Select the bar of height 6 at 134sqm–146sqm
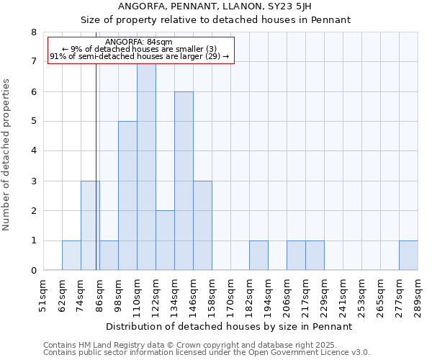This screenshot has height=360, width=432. [184, 181]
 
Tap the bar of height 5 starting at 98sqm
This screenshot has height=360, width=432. [127, 196]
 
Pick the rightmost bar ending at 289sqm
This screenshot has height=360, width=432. [408, 256]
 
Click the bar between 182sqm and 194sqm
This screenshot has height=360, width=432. [258, 256]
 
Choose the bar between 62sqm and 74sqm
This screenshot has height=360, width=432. [71, 256]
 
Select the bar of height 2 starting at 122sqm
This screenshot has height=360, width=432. [165, 240]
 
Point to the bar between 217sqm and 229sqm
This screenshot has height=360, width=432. [315, 256]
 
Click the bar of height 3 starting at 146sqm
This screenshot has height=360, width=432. [202, 226]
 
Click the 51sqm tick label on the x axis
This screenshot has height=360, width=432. [43, 291]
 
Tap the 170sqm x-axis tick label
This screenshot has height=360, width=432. [230, 291]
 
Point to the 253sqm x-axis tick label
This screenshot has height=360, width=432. [361, 291]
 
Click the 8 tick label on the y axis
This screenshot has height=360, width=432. [33, 32]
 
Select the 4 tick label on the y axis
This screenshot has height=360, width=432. [33, 151]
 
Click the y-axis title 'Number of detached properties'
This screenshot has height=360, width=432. [7, 154]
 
